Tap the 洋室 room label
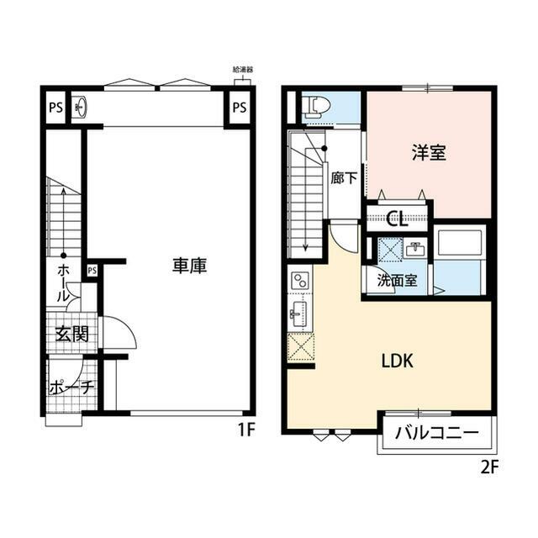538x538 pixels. coord(429,154)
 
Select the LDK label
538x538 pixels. coord(397,361)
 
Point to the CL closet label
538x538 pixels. coord(397,221)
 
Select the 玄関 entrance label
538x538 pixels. coord(72,334)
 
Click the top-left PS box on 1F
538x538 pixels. coord(55,108)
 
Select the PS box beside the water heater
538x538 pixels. coord(240,108)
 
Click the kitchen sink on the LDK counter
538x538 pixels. coord(298,316)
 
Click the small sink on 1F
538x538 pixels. coord(80,108)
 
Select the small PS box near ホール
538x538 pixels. coord(92,270)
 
